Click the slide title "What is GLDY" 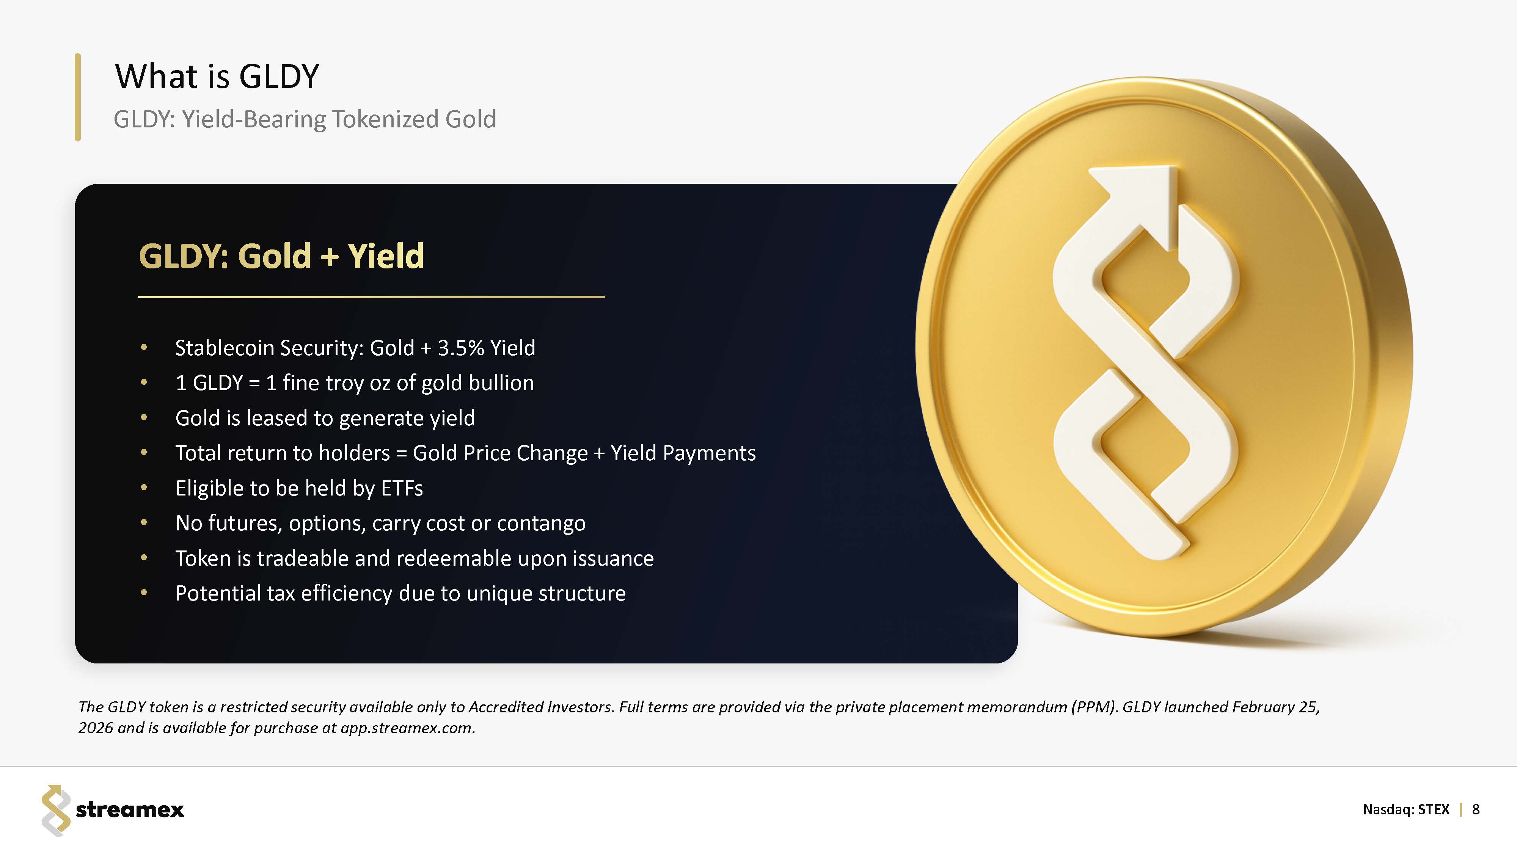(x=217, y=77)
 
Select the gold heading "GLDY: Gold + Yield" (x=281, y=256)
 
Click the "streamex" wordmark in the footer (x=130, y=810)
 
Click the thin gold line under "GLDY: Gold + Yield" (x=372, y=297)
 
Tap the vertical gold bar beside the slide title (x=78, y=97)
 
